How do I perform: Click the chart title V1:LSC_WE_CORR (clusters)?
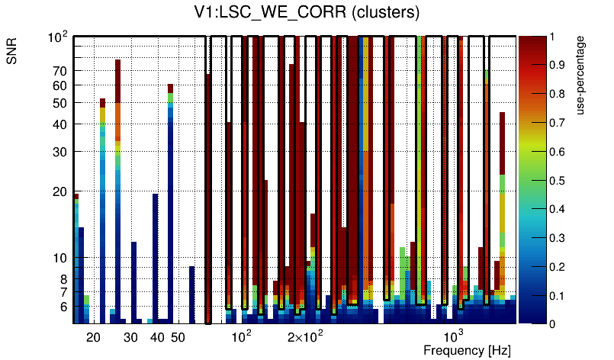(x=306, y=12)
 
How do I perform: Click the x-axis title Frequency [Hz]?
(x=466, y=350)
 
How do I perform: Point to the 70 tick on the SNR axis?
(x=59, y=71)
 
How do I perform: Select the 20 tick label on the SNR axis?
(x=59, y=191)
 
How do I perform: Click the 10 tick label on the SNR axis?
(x=59, y=258)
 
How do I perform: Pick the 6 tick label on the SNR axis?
(x=63, y=307)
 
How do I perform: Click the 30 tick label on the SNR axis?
(x=59, y=152)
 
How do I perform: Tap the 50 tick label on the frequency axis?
(x=178, y=336)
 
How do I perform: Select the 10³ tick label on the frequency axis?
(x=453, y=336)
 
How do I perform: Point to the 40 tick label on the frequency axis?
(x=157, y=336)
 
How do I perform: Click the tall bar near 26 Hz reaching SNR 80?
(x=118, y=191)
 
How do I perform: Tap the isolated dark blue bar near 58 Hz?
(x=192, y=294)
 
